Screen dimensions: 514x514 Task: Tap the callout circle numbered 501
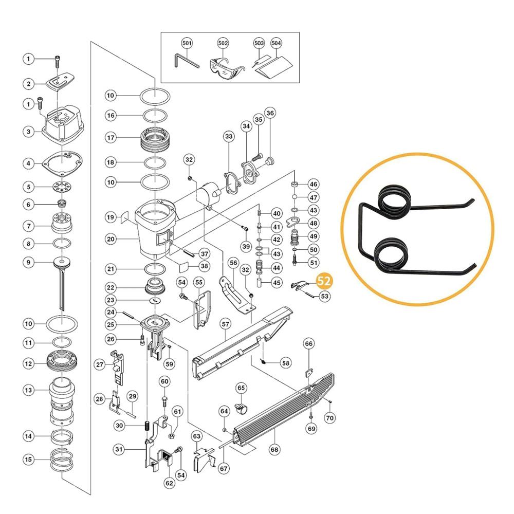click(187, 43)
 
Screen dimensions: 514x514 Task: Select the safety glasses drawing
click(226, 67)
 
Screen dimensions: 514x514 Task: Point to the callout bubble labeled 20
click(111, 240)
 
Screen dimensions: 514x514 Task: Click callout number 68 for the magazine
click(274, 449)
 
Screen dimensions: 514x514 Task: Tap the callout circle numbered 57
click(226, 324)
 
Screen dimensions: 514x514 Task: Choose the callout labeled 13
click(28, 390)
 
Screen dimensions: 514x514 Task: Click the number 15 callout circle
click(28, 459)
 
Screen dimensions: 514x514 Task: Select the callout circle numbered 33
click(229, 136)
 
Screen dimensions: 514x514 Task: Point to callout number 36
click(270, 113)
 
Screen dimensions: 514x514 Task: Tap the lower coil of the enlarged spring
click(391, 253)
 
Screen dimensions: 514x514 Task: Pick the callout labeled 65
click(241, 388)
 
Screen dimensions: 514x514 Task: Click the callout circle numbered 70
click(330, 418)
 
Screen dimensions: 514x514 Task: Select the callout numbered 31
click(119, 449)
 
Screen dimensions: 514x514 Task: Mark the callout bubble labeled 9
click(28, 262)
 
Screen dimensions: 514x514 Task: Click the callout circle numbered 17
click(111, 137)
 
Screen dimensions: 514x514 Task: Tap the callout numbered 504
click(276, 43)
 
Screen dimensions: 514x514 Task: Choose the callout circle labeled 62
click(169, 483)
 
